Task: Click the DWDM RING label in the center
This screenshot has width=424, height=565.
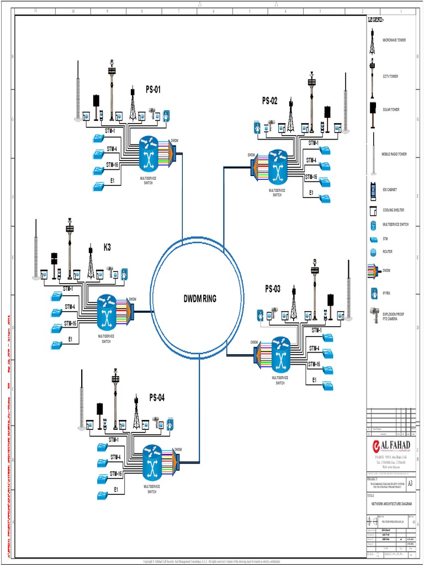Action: coord(200,299)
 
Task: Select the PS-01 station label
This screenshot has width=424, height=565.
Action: coord(153,89)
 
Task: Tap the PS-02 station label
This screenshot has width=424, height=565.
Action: coord(270,100)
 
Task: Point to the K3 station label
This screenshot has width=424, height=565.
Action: coord(107,247)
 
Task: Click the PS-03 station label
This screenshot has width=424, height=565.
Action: coord(273,289)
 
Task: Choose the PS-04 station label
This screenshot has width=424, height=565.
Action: coord(157,397)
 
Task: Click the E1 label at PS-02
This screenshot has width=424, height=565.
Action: coord(311,193)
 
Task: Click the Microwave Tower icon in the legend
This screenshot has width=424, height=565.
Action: coord(372,41)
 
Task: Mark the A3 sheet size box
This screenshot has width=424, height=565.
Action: coord(409,482)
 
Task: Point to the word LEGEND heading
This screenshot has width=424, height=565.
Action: coord(375,20)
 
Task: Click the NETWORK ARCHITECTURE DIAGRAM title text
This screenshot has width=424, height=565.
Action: coord(391,504)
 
